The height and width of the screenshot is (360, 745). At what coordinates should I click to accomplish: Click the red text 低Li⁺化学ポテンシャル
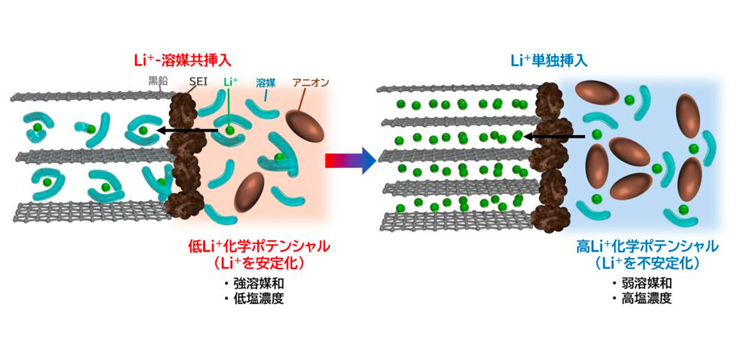(259, 247)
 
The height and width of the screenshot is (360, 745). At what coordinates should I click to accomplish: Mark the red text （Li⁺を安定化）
(259, 264)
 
